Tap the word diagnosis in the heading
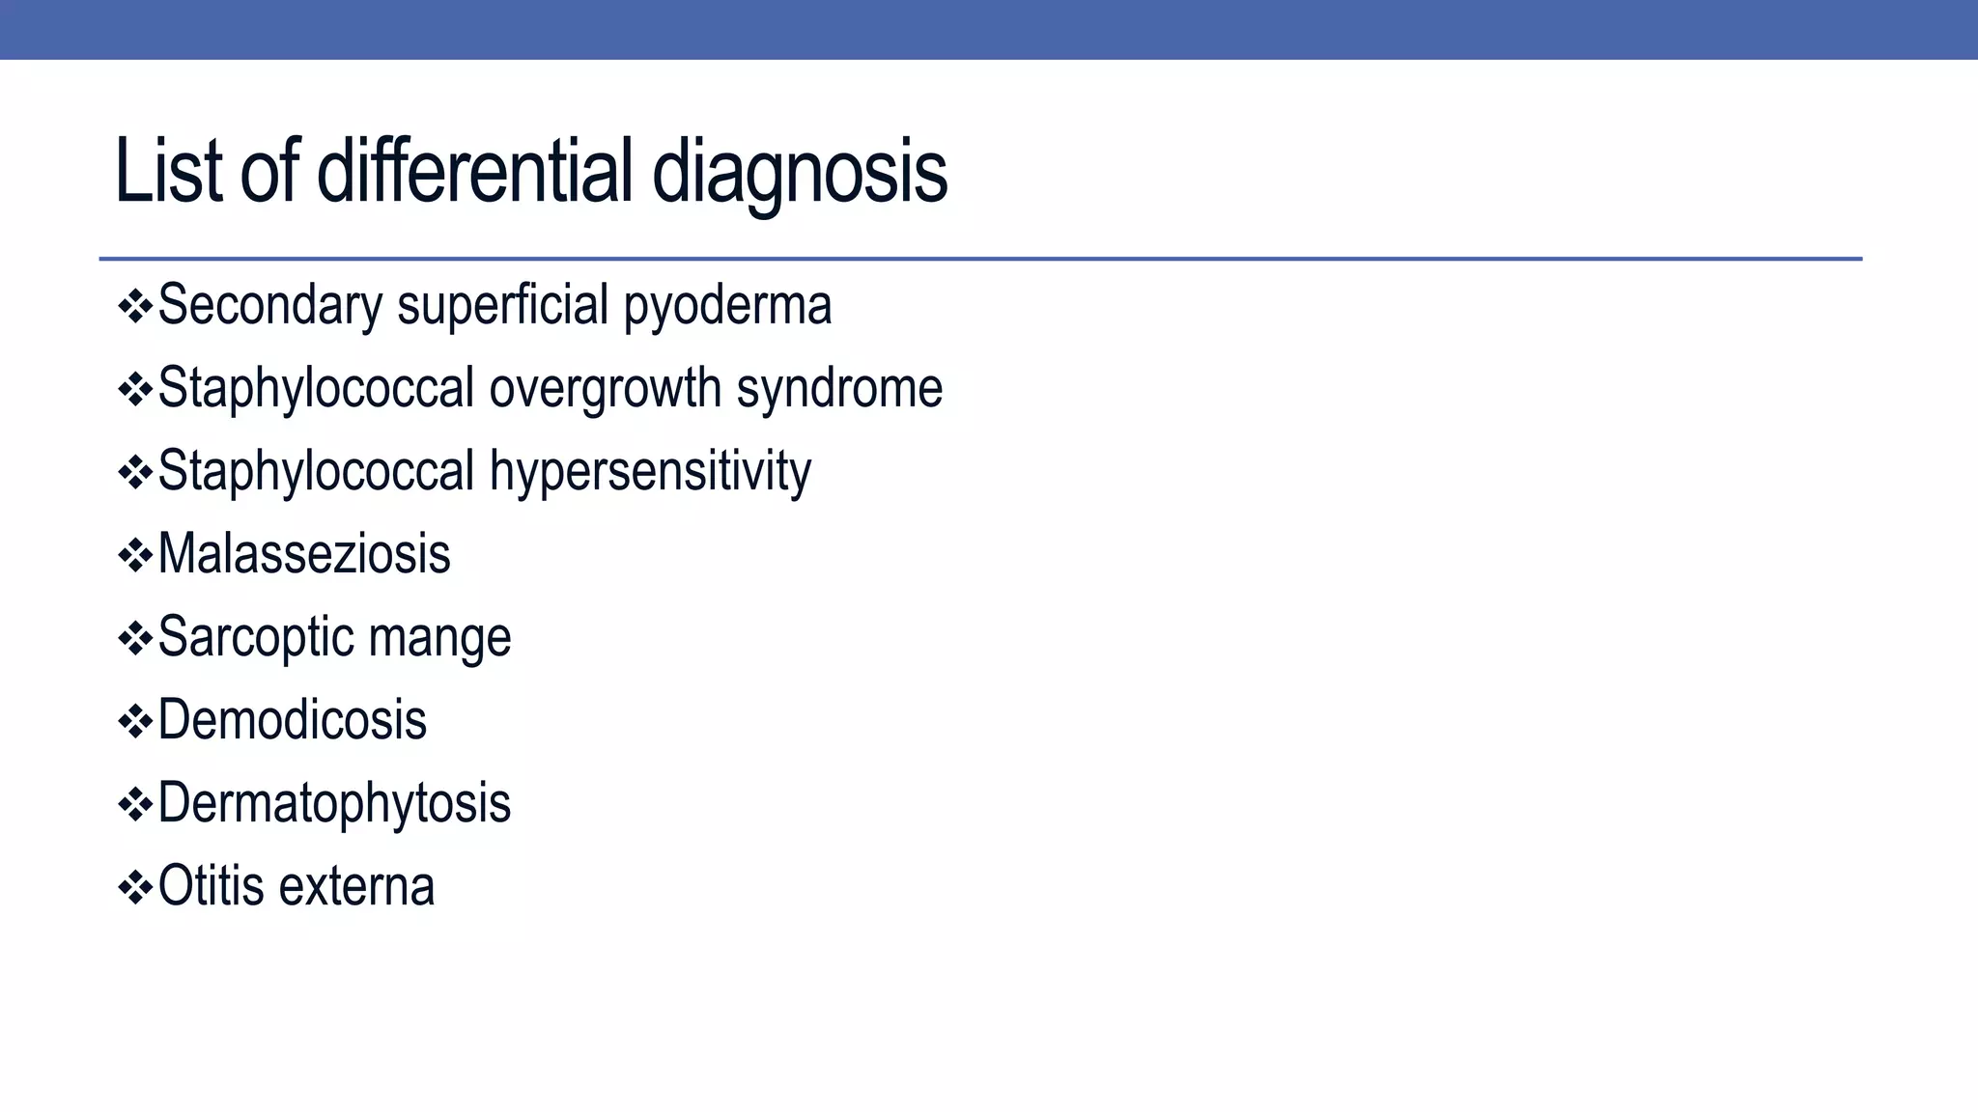click(800, 172)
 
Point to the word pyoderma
click(727, 306)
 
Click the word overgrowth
click(605, 389)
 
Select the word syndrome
click(839, 389)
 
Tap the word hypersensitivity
click(650, 472)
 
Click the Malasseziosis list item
click(303, 555)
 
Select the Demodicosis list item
click(292, 721)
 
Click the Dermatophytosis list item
click(333, 804)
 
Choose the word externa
click(356, 887)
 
